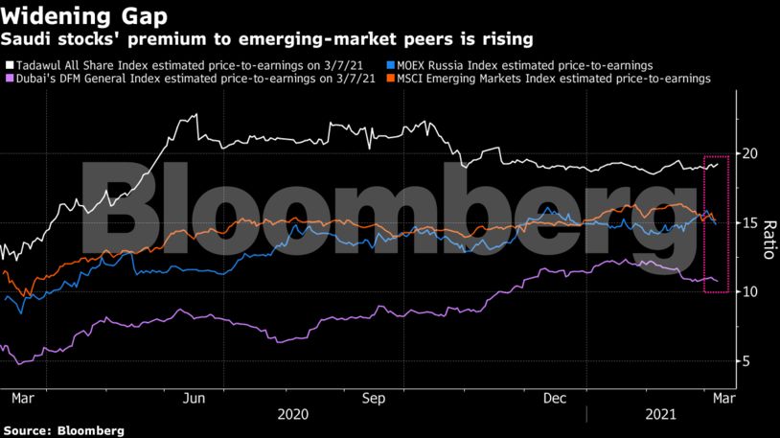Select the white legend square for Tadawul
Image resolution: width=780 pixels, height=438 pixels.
click(9, 63)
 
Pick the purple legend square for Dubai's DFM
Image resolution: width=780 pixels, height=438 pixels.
click(9, 79)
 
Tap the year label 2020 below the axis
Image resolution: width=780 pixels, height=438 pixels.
click(293, 414)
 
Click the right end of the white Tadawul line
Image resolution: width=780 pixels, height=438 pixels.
click(718, 164)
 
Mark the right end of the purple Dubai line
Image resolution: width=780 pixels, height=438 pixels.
click(718, 281)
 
